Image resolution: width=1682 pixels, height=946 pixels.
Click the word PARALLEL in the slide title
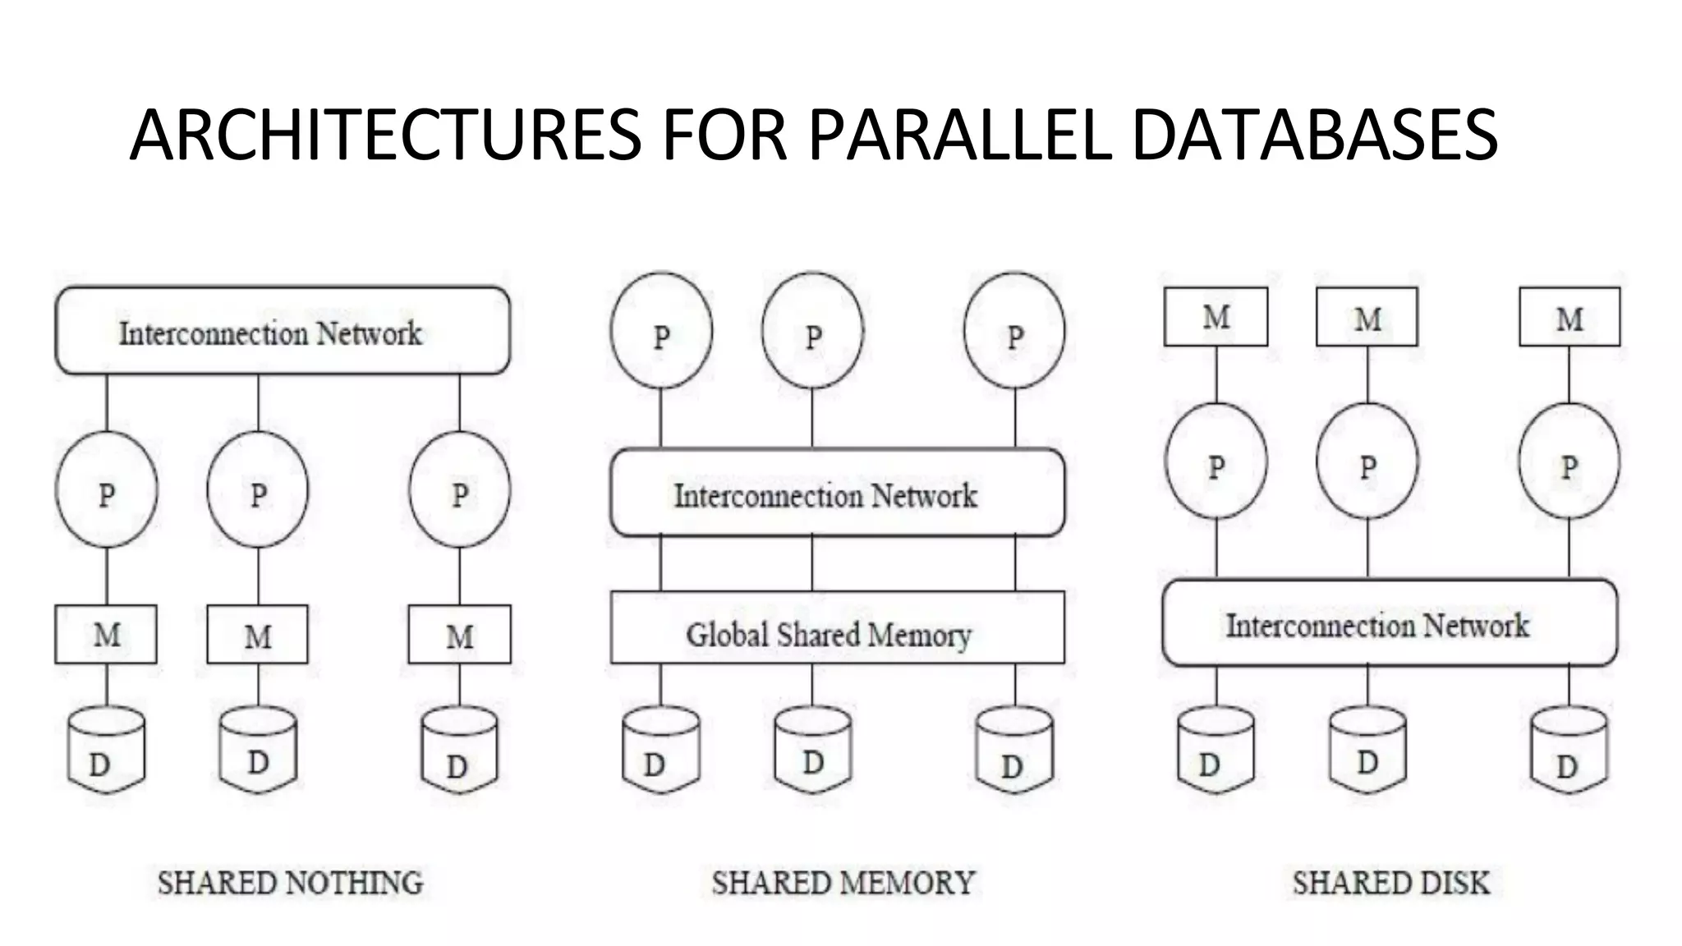pyautogui.click(x=959, y=135)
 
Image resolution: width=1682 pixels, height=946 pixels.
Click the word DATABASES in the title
pyautogui.click(x=1314, y=135)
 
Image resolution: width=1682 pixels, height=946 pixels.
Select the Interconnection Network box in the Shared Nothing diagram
pyautogui.click(x=283, y=331)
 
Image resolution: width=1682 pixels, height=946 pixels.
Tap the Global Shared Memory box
pyautogui.click(x=837, y=627)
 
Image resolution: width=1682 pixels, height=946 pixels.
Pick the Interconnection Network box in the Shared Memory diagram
pyautogui.click(x=837, y=493)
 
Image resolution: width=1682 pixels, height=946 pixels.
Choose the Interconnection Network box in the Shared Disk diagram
pyautogui.click(x=1390, y=623)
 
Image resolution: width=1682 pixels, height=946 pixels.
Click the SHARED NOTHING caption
pyautogui.click(x=291, y=883)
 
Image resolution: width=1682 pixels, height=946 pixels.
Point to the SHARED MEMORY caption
pyautogui.click(x=843, y=883)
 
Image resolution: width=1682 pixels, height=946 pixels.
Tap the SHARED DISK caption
pyautogui.click(x=1390, y=883)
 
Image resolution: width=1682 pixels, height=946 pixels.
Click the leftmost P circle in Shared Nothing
pyautogui.click(x=107, y=489)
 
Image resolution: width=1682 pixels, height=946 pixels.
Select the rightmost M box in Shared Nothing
pyautogui.click(x=459, y=634)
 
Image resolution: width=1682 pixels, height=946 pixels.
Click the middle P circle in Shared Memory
pyautogui.click(x=812, y=331)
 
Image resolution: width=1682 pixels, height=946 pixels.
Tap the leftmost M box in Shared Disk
pyautogui.click(x=1216, y=317)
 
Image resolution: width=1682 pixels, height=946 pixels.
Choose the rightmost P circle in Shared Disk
pyautogui.click(x=1569, y=462)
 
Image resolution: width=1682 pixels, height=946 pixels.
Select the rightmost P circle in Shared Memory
pyautogui.click(x=1014, y=331)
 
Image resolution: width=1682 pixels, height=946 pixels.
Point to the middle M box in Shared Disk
pyautogui.click(x=1367, y=317)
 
